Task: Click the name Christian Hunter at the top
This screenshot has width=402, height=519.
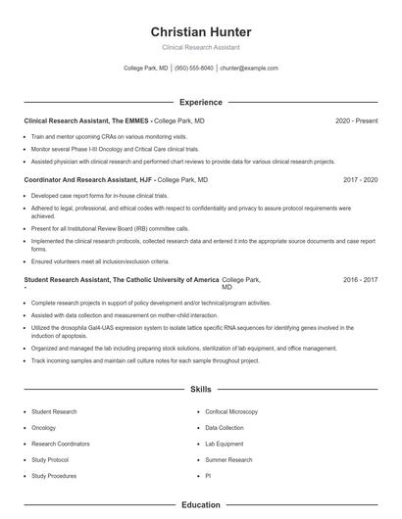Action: coord(200,32)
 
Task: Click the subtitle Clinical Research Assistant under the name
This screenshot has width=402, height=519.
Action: coord(200,47)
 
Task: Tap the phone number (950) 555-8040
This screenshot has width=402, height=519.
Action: coord(194,69)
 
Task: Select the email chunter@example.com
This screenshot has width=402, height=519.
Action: coord(249,69)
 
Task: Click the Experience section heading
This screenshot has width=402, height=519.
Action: coord(200,102)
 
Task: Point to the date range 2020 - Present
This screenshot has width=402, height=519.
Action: coord(356,120)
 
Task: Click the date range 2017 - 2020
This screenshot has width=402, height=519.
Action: coord(360,180)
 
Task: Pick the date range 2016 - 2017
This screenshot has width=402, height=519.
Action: coord(360,279)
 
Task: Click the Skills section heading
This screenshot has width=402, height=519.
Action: coord(200,389)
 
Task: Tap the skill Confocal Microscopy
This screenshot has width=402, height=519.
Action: coord(231,412)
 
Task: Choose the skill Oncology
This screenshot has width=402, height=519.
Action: coord(43,428)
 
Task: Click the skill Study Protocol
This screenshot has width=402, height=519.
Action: coord(50,459)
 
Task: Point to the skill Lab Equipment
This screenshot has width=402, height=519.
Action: coord(225,444)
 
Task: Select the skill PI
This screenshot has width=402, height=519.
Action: coord(208,475)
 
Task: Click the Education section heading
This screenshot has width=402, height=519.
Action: coord(200,505)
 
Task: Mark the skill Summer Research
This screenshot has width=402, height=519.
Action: coord(229,459)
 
